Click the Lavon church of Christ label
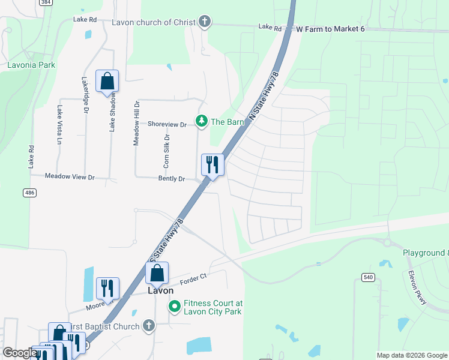click(154, 22)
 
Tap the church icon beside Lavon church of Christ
click(205, 22)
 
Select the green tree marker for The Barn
click(202, 122)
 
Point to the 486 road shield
click(29, 192)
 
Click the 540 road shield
click(368, 277)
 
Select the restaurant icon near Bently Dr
click(212, 164)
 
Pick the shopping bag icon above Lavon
click(157, 274)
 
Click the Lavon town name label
click(161, 290)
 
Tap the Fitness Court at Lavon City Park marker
click(175, 307)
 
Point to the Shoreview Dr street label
click(168, 124)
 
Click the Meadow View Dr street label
click(71, 177)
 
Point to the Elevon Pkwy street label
click(417, 289)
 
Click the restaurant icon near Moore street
click(107, 288)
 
